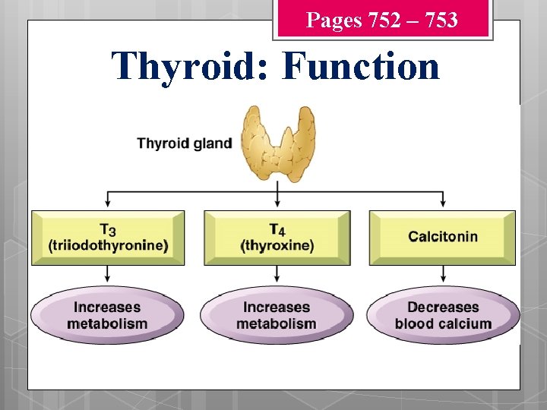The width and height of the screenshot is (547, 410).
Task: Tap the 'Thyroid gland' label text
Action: click(x=185, y=143)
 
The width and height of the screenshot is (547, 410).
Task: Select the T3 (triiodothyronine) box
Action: click(x=108, y=238)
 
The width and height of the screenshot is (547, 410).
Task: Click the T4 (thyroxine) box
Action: click(x=277, y=238)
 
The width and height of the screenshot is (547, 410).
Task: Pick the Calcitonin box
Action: click(x=443, y=237)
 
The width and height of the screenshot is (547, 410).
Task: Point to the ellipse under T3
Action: click(x=107, y=315)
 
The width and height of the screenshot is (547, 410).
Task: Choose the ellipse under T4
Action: click(x=277, y=315)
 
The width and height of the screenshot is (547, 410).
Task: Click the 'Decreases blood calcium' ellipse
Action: click(x=443, y=315)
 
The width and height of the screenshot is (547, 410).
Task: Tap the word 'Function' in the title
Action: click(x=360, y=66)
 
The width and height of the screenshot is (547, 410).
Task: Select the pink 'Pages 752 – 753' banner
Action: click(x=382, y=20)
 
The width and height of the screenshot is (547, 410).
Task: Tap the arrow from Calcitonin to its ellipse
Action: click(x=443, y=275)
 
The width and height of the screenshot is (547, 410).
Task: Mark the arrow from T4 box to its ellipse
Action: click(x=277, y=275)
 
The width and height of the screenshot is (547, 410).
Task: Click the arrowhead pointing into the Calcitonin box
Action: click(x=443, y=203)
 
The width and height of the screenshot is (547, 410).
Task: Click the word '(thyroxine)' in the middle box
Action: click(x=277, y=246)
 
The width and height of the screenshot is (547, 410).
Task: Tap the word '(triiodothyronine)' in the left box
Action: click(x=108, y=246)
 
